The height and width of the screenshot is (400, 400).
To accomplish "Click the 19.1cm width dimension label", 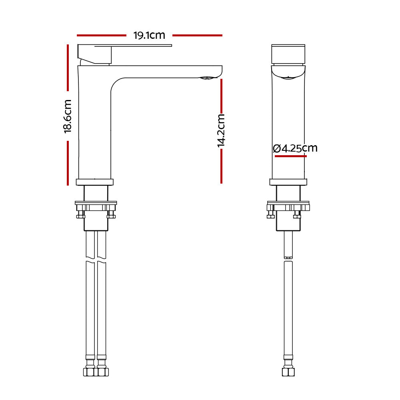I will pos(149,35).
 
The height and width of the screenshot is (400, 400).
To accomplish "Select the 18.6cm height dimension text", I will pos(68,116).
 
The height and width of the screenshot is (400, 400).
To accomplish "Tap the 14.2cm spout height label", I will pos(221,131).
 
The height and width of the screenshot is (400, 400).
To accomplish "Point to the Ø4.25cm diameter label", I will pos(295,148).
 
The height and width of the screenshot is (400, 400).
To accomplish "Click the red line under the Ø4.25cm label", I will pos(290,156).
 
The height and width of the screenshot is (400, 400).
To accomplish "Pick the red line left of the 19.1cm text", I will pos(101,35).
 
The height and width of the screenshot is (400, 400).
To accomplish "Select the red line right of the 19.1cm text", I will pos(197,35).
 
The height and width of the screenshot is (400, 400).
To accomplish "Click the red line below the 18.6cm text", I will pos(68,162).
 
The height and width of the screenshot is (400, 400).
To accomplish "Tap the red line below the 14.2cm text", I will pos(221,167).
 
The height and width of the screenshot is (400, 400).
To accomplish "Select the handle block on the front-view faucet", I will pos(288,54).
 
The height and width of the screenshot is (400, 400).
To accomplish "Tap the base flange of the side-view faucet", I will pos(95,182).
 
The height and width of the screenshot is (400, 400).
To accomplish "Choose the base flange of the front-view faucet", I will pos(288,182).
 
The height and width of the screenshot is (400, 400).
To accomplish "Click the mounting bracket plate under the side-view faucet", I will pos(96,206).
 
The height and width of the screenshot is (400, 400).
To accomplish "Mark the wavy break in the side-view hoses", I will pos(96,263).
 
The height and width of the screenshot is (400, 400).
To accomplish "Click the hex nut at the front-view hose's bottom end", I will pos(288,372).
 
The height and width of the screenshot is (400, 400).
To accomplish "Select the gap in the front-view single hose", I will pos(288,259).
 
